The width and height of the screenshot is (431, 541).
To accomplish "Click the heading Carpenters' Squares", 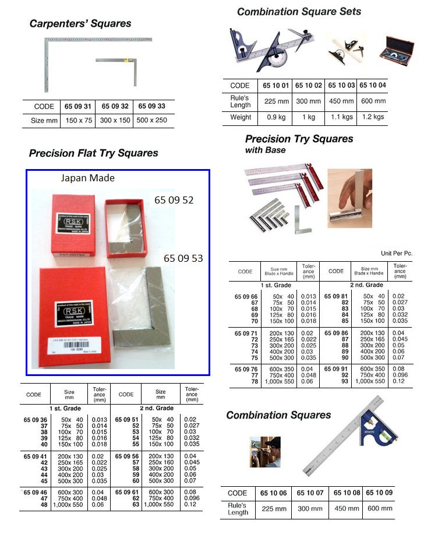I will (x=80, y=24).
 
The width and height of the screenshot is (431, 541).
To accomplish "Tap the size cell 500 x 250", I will (x=151, y=121).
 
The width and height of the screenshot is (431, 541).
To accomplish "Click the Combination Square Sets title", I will (x=299, y=12).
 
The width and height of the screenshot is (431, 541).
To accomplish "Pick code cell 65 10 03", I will (x=341, y=86).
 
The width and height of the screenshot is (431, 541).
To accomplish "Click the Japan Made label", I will (x=88, y=178).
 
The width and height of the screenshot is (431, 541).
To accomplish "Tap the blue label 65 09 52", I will (x=174, y=200).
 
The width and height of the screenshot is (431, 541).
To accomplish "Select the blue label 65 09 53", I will (x=183, y=258).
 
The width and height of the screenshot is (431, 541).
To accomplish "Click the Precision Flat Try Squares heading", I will (x=93, y=153).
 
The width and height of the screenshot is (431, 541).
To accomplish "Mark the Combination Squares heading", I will (x=278, y=415).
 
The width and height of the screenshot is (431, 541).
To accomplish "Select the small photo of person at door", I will (x=265, y=452).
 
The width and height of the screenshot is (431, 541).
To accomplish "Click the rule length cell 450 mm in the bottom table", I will (x=347, y=508).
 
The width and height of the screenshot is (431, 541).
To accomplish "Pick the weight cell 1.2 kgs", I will (x=373, y=117).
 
